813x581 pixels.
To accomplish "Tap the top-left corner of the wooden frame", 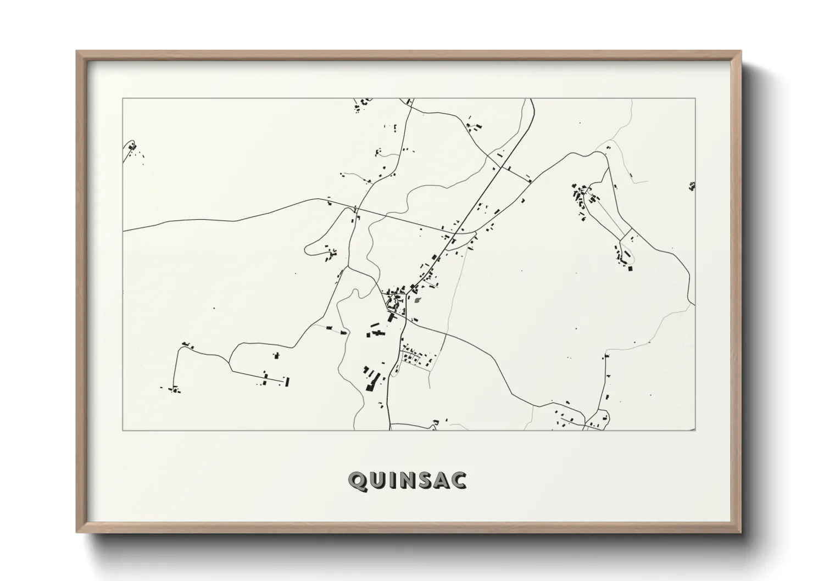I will [77, 52].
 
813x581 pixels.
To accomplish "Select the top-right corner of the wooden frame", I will [740, 52].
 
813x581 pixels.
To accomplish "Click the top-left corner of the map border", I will [123, 99].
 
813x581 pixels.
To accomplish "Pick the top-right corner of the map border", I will [695, 99].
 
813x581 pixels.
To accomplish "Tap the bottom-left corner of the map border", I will [123, 430].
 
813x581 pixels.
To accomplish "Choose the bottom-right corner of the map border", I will [695, 430].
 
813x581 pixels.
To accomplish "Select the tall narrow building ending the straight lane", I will [287, 381].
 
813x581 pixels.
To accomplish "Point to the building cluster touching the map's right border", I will [692, 186].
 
